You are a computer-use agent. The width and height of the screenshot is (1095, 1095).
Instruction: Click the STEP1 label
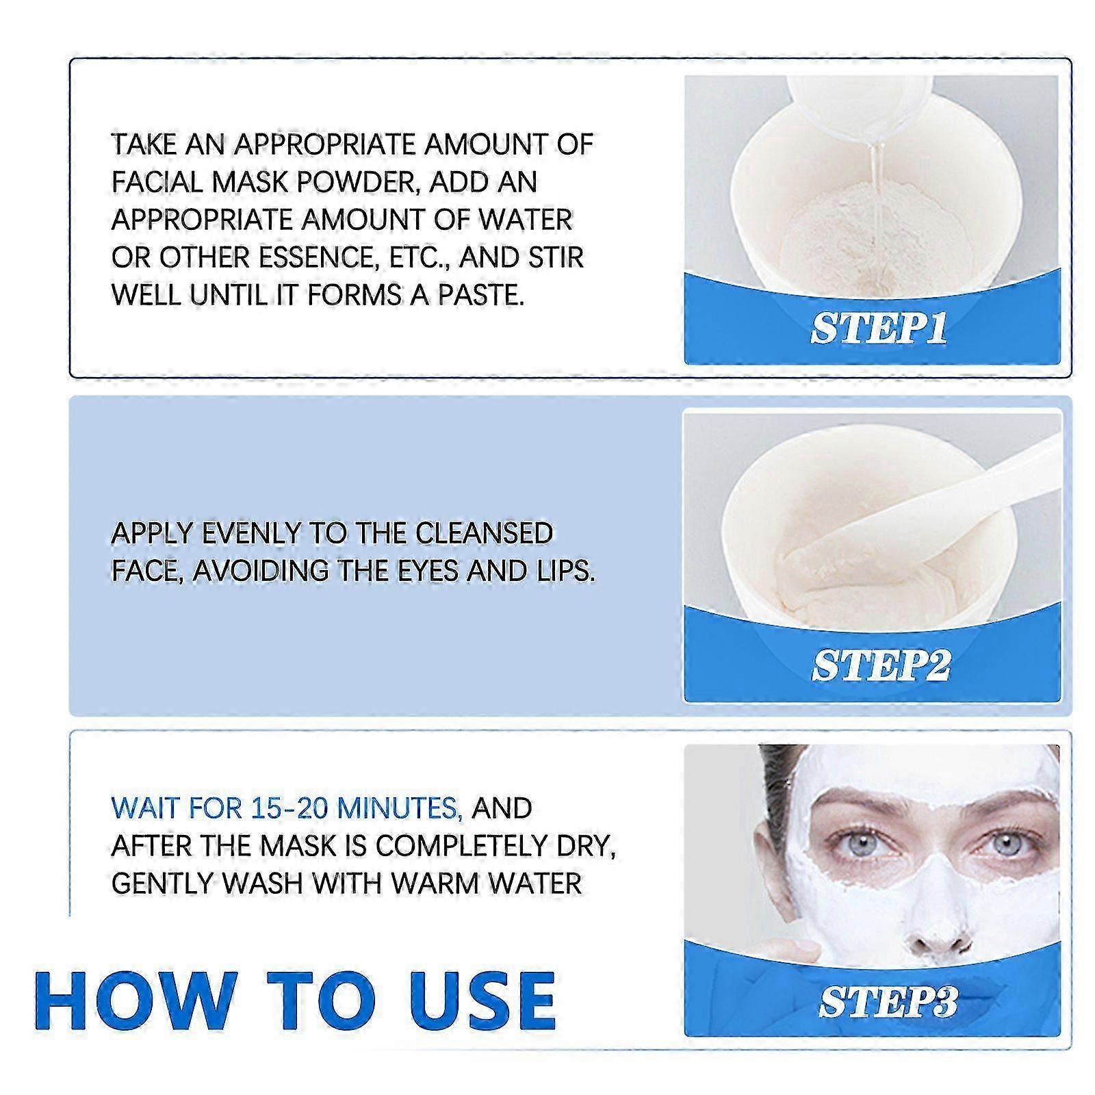click(x=879, y=328)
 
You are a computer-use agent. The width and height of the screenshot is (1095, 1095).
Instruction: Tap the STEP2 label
click(x=880, y=665)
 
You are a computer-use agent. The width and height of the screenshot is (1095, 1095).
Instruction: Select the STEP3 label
click(x=888, y=1003)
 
